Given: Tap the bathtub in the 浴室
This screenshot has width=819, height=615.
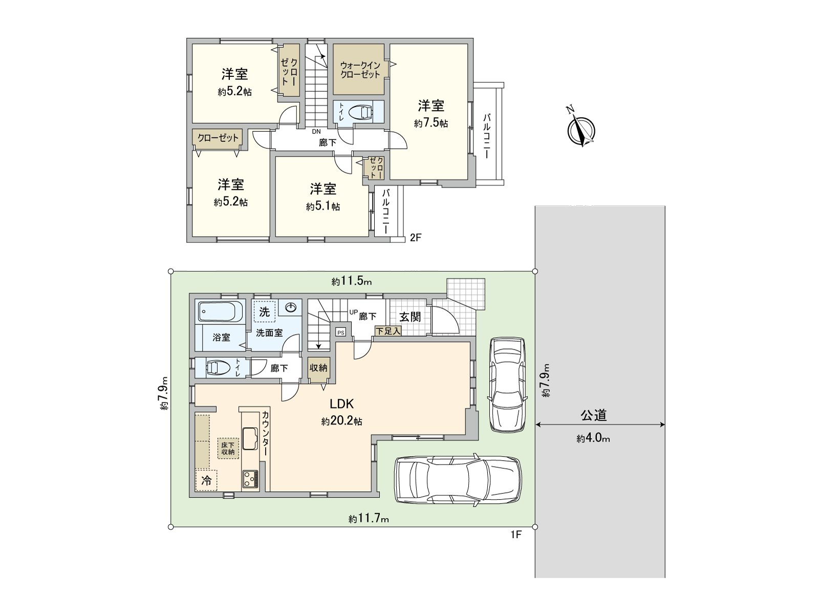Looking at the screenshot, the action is click(x=221, y=312).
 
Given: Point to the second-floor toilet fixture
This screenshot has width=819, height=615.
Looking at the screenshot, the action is click(x=361, y=112).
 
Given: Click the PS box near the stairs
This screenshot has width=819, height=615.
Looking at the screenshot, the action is click(x=340, y=332).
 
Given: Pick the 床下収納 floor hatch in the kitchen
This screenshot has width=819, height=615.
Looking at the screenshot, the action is click(x=228, y=448).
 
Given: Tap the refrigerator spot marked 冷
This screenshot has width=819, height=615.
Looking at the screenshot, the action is click(x=206, y=480).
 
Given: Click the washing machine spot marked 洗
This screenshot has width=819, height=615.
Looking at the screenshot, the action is click(x=265, y=312).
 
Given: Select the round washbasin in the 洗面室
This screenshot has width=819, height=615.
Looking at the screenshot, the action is click(x=290, y=307).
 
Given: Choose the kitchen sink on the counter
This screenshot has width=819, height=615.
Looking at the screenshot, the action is click(x=250, y=439).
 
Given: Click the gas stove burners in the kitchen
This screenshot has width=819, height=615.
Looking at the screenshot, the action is click(x=250, y=478).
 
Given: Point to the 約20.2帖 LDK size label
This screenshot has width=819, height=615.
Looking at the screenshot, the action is click(x=341, y=421).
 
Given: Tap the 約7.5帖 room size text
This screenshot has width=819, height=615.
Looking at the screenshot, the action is click(x=431, y=123).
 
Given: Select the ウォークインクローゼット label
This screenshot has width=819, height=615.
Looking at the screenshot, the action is click(x=360, y=70).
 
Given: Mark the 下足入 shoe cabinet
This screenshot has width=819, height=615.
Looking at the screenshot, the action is click(x=388, y=331).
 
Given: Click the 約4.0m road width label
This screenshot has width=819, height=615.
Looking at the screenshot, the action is click(x=593, y=438).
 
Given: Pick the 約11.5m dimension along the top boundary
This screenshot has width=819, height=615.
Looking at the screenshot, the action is click(x=352, y=281).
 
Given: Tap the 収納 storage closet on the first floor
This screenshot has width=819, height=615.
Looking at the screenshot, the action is click(x=318, y=368).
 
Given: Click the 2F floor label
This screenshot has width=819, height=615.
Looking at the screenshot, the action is click(x=415, y=237).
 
